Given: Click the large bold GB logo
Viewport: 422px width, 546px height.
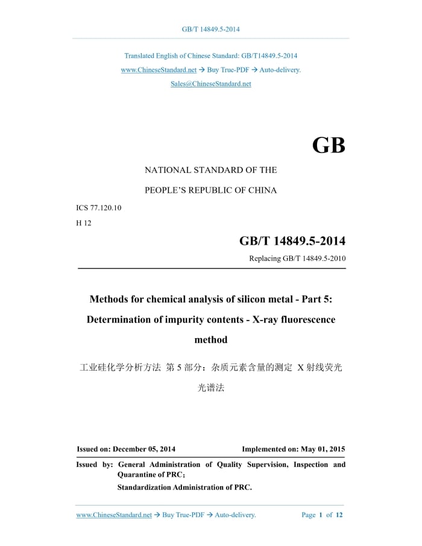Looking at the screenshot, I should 329,145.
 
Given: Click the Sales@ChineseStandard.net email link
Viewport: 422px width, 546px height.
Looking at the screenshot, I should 210,84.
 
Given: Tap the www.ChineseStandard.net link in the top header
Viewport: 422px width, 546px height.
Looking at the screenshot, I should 159,70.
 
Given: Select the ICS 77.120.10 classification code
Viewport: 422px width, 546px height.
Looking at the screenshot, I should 99,208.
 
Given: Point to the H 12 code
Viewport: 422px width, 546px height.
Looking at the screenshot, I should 83,222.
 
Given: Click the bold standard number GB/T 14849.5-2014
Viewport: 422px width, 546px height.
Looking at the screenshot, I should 292,241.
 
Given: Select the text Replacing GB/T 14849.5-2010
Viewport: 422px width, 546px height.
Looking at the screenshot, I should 297,259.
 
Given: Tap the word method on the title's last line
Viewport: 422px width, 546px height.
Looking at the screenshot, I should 211,340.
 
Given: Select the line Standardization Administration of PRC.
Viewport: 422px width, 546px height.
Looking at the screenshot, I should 184,488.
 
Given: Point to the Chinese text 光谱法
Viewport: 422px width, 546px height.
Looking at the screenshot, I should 211,388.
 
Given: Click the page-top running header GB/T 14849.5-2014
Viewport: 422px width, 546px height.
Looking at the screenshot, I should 211,29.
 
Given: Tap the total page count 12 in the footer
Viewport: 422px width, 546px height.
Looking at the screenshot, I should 339,515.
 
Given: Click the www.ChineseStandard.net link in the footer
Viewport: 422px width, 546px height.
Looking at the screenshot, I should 114,515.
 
